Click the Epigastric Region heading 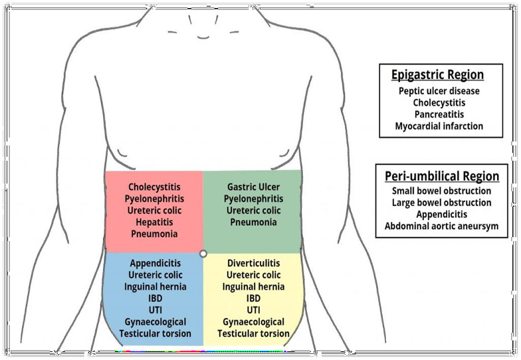tap(437, 74)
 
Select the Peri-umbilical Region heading tap(442, 176)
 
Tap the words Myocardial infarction tap(439, 126)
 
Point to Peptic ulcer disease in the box tap(439, 91)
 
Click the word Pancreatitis tap(439, 114)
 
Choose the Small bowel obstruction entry tap(442, 191)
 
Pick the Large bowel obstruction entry tap(442, 203)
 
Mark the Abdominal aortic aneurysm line tap(442, 226)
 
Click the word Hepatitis tap(154, 223)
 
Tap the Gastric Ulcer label tap(253, 187)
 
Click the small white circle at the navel tap(203, 253)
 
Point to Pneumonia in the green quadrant tap(253, 223)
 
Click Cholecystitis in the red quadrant tap(154, 187)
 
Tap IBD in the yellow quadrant tap(253, 298)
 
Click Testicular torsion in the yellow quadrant tap(253, 333)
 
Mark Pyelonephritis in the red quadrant tap(154, 199)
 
